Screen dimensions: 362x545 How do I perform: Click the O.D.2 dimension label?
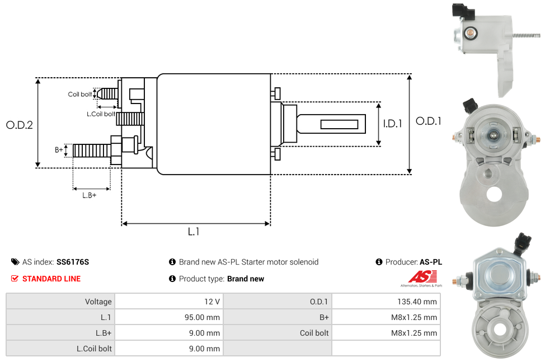click(20, 125)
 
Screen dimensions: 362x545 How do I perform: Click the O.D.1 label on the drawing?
click(429, 121)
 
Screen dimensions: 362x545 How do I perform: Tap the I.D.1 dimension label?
click(392, 124)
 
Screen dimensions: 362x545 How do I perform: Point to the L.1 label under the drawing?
click(193, 232)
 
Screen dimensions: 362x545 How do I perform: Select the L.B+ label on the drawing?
click(90, 195)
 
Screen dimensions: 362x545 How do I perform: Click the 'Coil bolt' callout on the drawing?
click(80, 94)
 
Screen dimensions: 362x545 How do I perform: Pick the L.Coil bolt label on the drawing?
click(101, 114)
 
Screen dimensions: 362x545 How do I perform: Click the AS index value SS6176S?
click(73, 262)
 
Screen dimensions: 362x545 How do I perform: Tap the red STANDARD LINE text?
click(51, 279)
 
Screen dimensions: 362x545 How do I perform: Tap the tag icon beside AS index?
click(15, 262)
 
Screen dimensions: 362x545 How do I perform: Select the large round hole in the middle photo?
click(494, 194)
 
